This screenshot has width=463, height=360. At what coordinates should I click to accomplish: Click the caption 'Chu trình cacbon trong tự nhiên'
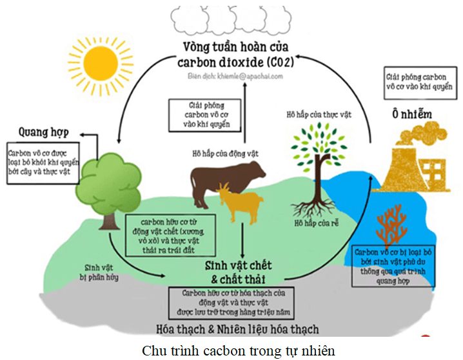tap(231, 350)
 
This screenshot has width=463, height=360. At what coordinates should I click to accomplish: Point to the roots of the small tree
tap(315, 205)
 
